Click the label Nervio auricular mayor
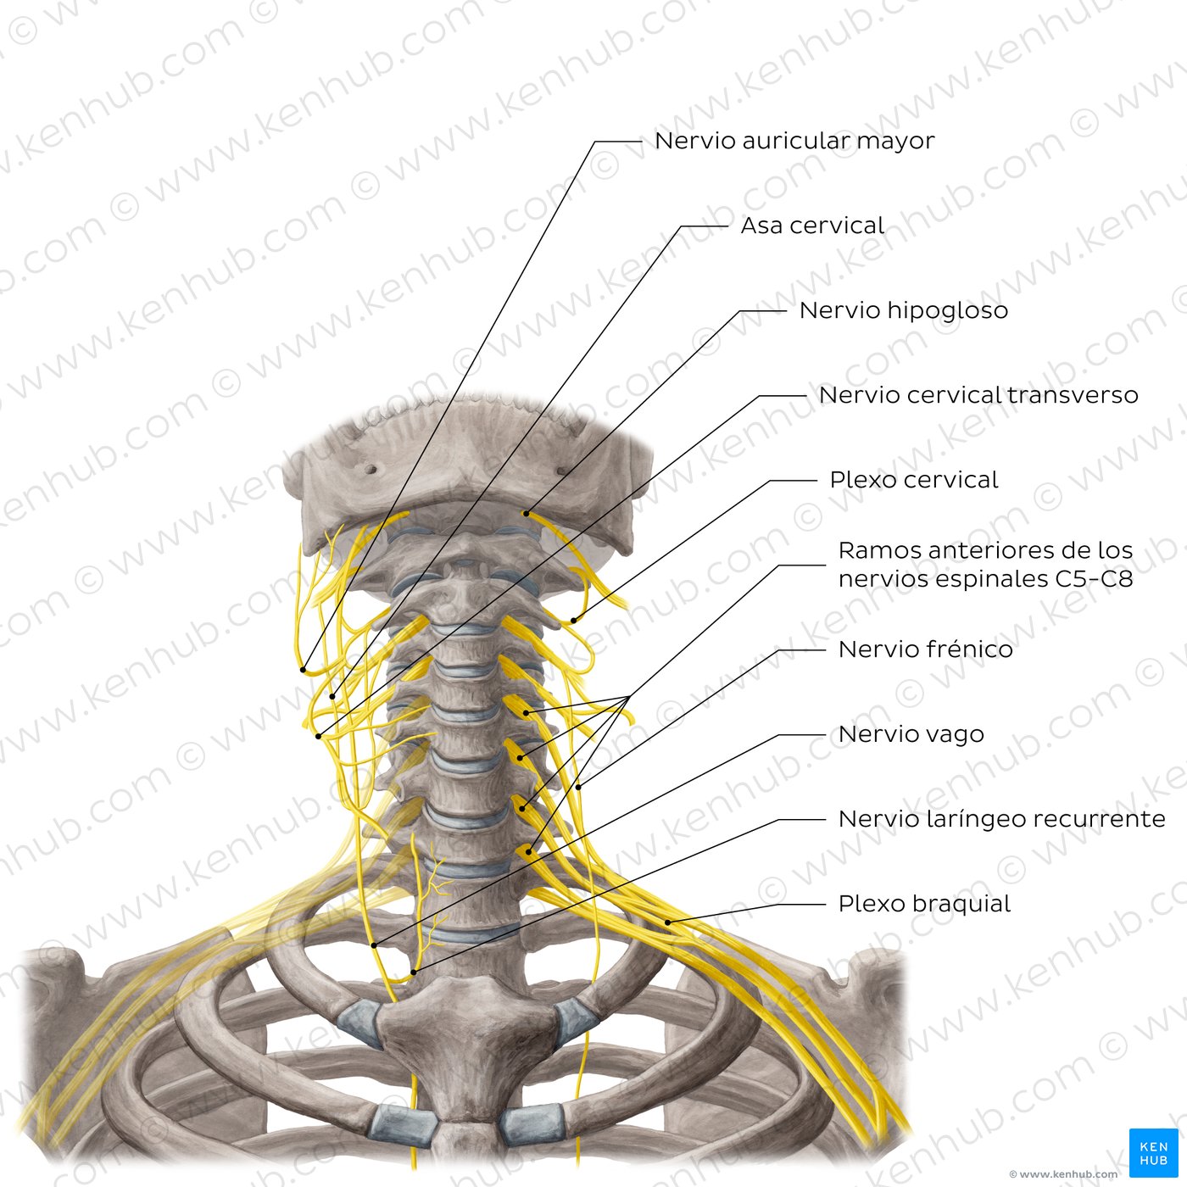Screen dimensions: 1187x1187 pos(794,141)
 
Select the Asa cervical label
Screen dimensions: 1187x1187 pos(812,226)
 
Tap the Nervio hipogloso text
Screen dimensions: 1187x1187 pos(904,310)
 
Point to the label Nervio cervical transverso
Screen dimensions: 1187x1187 pos(978,395)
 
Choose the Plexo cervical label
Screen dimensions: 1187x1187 pos(914,480)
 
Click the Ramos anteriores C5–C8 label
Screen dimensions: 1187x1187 pos(985,565)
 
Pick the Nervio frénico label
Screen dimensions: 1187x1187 pos(926,649)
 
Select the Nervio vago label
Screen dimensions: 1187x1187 pos(911,734)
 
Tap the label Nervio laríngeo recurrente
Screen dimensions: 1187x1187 pos(1001,819)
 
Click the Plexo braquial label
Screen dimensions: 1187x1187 pos(924,904)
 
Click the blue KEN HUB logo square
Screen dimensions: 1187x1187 pos(1153,1152)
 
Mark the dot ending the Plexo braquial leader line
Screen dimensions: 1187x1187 pos(668,922)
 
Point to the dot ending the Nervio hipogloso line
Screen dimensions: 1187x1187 pos(526,513)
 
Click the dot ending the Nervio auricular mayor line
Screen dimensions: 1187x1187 pos(303,670)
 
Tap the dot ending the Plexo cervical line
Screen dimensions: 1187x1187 pos(573,620)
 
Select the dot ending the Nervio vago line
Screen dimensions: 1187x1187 pos(374,945)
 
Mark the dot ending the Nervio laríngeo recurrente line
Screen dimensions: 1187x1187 pos(414,972)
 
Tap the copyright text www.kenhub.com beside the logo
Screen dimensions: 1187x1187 pos(1063,1174)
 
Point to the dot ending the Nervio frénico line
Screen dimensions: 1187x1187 pos(579,787)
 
